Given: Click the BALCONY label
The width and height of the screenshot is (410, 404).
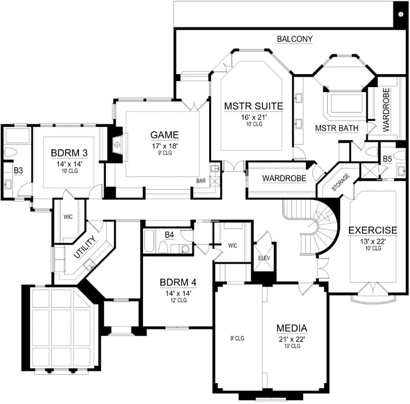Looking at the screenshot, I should point(295,39).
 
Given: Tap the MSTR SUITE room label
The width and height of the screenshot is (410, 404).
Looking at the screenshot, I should point(253,106).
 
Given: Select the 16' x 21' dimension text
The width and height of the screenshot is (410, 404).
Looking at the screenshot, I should point(253,117).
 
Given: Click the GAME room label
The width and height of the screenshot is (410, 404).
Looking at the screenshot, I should point(165,135).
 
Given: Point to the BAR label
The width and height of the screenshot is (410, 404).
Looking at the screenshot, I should point(201,181).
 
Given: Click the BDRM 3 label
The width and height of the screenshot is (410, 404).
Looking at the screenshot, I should point(68,153).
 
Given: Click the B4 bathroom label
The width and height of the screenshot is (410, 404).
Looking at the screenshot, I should point(169,234).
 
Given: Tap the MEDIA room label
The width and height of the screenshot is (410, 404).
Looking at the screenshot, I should point(291,328).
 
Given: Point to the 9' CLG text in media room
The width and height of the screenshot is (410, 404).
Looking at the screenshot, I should point(236,338).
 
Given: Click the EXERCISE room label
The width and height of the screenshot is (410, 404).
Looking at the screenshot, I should point(372,230).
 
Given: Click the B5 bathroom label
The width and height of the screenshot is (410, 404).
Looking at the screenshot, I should point(387,159).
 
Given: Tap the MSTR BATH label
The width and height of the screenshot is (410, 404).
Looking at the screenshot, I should point(336,128).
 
